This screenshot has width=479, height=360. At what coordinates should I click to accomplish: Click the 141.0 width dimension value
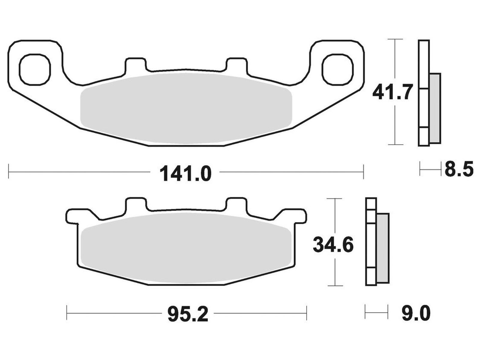[x=186, y=174]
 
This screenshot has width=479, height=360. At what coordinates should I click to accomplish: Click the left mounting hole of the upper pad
[x=35, y=69]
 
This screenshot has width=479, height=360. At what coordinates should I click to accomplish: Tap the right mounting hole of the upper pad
[x=338, y=69]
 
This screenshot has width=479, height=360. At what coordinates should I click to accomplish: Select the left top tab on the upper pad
[x=136, y=65]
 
